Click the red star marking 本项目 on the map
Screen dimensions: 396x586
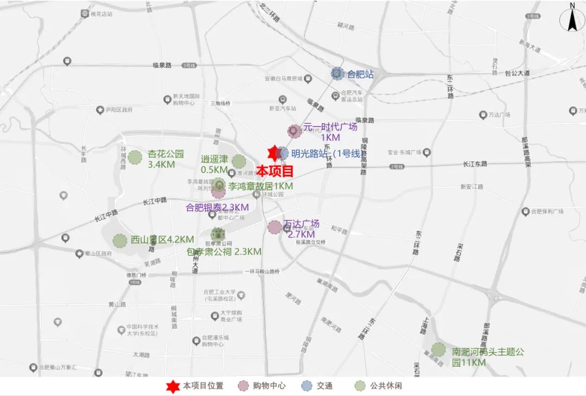point(274,154)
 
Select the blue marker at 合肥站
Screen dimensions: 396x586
point(337,73)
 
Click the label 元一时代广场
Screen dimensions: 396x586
point(330,127)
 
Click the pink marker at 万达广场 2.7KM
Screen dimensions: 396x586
point(275,228)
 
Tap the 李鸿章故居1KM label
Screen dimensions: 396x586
point(260,186)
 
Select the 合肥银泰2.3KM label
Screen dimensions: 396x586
point(217,207)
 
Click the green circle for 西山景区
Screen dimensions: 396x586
point(119,240)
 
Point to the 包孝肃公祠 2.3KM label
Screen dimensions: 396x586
point(224,252)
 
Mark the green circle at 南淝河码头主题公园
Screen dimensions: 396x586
point(438,350)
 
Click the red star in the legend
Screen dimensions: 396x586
point(173,386)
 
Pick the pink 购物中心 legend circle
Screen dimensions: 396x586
point(245,386)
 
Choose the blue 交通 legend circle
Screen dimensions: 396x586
point(307,386)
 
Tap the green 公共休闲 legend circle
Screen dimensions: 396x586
point(360,386)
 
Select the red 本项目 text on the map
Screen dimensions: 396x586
point(275,171)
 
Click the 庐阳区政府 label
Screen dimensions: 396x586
point(119,110)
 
